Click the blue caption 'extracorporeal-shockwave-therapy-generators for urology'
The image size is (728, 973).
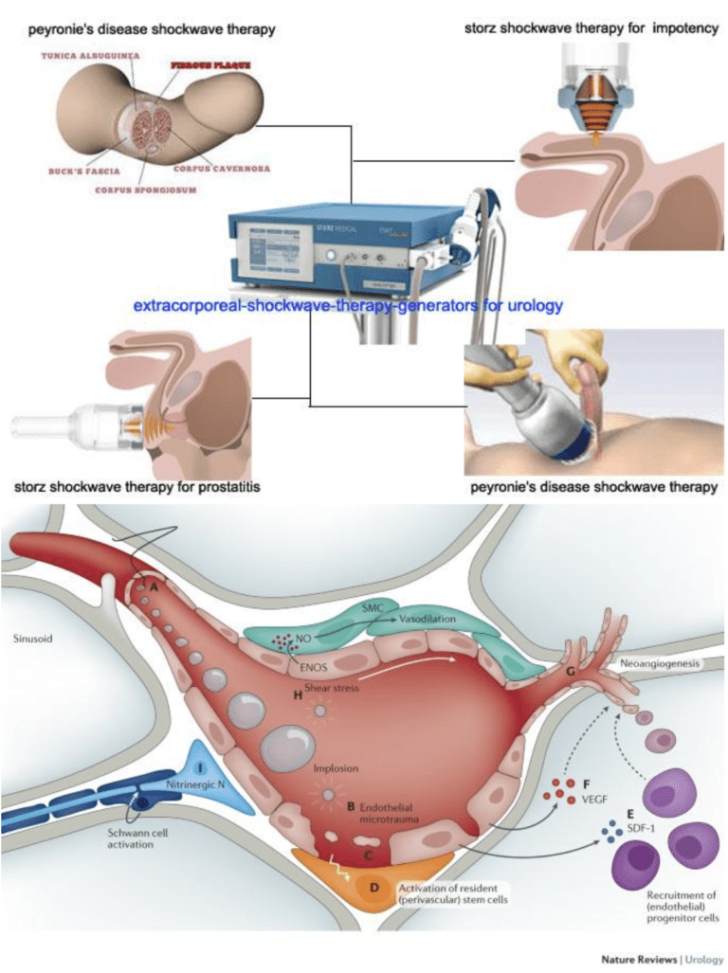click(x=349, y=306)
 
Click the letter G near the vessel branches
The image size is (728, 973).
click(x=570, y=673)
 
